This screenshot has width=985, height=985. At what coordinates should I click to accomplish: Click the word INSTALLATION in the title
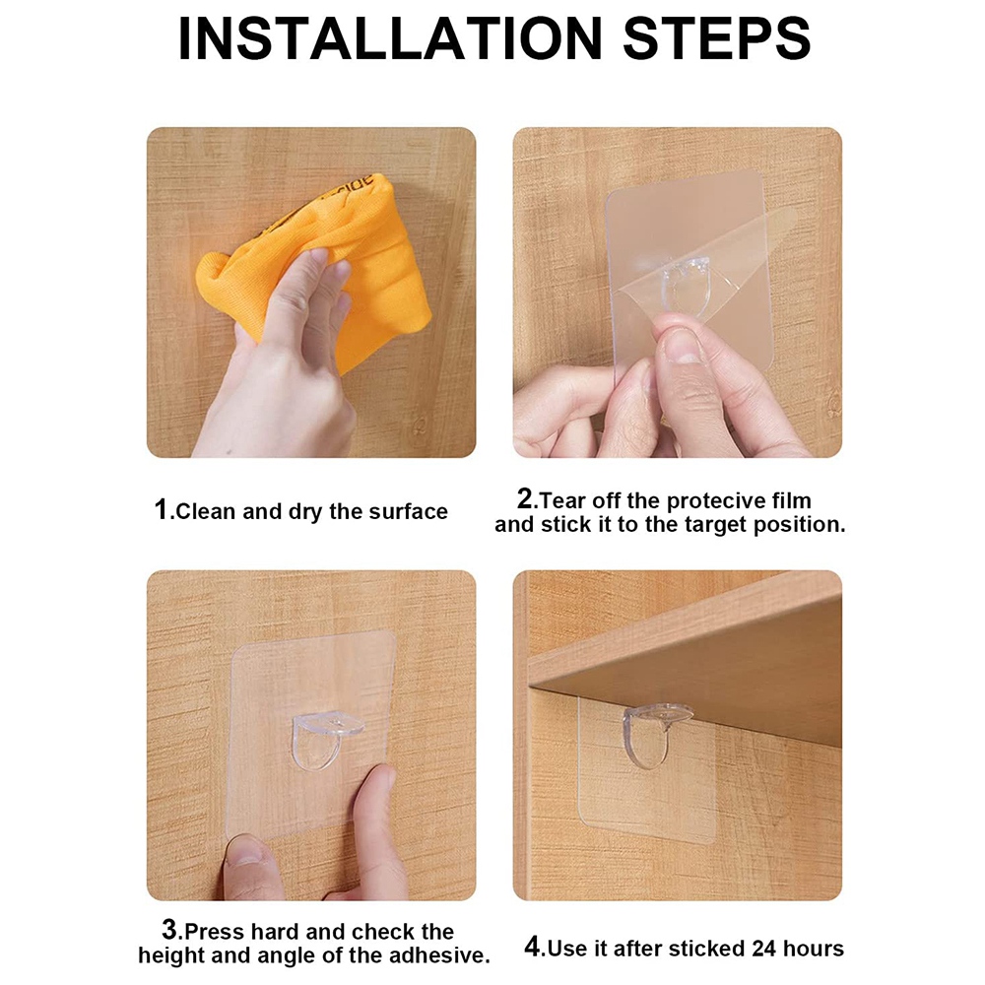pos(389,39)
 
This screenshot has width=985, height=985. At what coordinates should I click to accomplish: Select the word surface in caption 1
pos(408,512)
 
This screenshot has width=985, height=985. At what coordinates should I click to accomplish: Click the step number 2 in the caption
pos(525,498)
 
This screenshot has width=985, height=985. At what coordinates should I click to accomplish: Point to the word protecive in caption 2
pos(695,500)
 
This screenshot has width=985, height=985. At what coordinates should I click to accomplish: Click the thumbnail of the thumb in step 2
pos(684,346)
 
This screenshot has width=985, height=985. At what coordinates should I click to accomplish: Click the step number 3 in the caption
pos(169,930)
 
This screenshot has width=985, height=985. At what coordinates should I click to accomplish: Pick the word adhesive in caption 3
pos(442,954)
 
